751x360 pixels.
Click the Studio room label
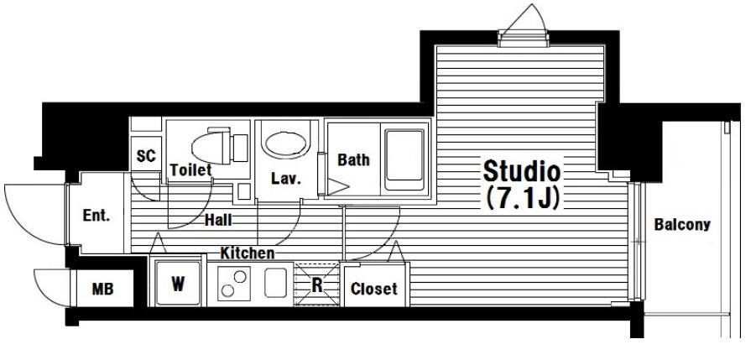(x=522, y=171)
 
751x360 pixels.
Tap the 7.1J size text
(x=523, y=198)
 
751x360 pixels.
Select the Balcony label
(x=682, y=225)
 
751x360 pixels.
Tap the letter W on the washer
(x=178, y=284)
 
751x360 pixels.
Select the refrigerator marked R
(x=316, y=284)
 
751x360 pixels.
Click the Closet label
(x=374, y=289)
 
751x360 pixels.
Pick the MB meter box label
(x=103, y=289)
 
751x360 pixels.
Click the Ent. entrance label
(x=96, y=216)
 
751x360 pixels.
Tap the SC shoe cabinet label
(x=146, y=155)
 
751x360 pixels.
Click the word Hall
(x=218, y=220)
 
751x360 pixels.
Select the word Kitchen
(x=248, y=253)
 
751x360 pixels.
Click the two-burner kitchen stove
(x=234, y=284)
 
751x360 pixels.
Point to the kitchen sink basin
(x=275, y=283)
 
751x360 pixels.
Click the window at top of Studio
(x=523, y=39)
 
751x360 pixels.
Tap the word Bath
(x=353, y=160)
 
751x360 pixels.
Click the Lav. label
(x=286, y=179)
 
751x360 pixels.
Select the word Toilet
(x=190, y=170)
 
